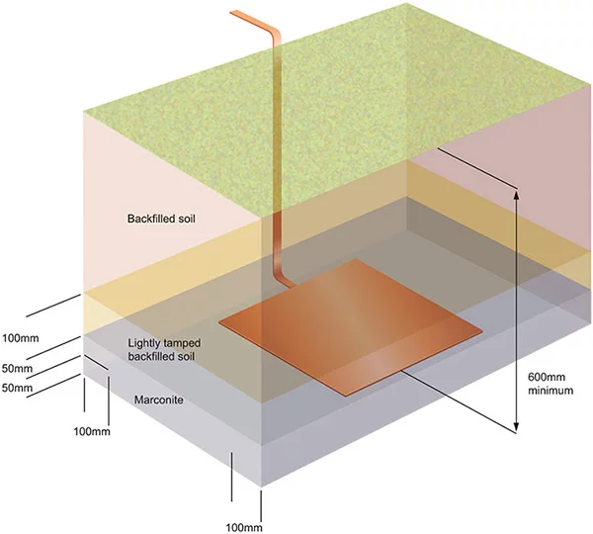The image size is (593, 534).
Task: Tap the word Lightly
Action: tap(148, 342)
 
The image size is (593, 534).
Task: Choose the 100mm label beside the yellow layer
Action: tap(22, 337)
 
